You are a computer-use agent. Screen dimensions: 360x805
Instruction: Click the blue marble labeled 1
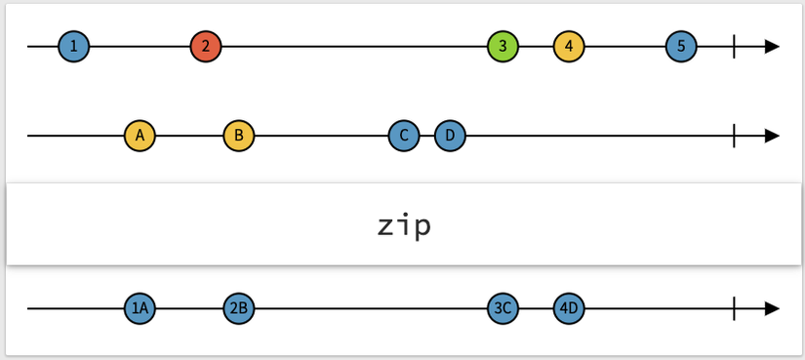73,46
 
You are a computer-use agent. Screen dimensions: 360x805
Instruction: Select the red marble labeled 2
206,46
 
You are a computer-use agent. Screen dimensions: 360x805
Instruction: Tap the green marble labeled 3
503,46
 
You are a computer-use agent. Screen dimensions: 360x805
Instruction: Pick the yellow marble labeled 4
569,46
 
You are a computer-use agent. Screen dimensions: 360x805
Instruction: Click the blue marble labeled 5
681,46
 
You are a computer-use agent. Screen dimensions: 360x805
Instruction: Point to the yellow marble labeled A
140,136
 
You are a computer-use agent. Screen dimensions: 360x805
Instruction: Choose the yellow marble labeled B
239,136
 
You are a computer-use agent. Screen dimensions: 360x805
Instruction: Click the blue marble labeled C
404,136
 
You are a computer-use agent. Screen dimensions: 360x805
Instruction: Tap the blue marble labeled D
450,136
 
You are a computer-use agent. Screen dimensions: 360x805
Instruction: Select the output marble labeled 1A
140,308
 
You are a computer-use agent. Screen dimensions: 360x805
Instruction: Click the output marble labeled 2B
239,308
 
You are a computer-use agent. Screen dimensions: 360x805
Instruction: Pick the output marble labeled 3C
503,308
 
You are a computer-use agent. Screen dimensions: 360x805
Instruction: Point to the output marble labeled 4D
569,308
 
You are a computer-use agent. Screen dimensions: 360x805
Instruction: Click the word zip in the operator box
403,225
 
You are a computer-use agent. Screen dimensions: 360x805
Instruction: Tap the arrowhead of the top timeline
772,46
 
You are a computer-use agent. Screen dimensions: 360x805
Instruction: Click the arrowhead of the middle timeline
772,136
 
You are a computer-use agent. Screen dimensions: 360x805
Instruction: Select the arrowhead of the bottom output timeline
772,308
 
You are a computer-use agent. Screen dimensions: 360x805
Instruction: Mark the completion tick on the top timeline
734,46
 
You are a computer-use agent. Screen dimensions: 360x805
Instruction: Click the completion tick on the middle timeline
734,136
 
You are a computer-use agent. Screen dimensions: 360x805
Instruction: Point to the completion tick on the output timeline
734,308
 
